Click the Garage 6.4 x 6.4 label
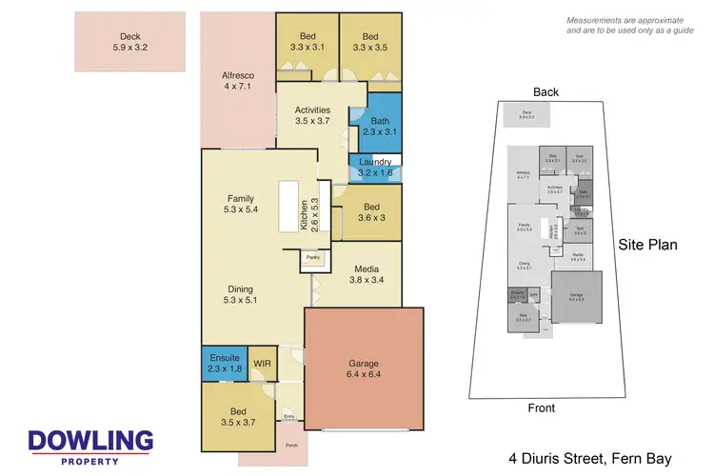point(362,368)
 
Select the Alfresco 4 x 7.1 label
point(236,81)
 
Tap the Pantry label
point(312,257)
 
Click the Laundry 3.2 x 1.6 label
point(374,169)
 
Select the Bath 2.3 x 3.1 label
point(376,127)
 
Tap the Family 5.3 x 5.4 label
point(240,203)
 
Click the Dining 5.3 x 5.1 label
point(240,295)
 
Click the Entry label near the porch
point(289,415)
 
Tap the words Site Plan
point(648,245)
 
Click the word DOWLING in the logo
point(90,441)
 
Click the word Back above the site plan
point(546,92)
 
